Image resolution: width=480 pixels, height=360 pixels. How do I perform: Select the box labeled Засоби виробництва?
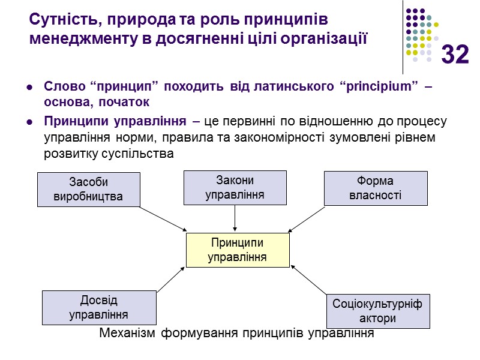89,190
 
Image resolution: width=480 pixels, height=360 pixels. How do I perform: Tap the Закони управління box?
235,188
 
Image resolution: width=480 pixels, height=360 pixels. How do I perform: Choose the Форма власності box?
376,188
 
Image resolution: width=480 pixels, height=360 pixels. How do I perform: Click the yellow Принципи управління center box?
238,250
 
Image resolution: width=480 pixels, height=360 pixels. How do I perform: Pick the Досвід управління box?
99,308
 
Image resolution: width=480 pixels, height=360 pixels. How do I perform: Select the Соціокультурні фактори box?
377,311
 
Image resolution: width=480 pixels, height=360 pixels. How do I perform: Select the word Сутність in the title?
59,20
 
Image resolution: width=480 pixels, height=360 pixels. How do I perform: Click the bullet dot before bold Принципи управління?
29,122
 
